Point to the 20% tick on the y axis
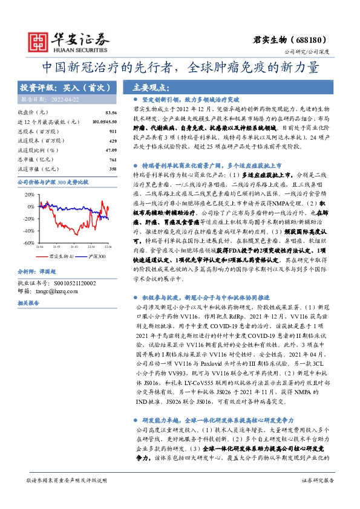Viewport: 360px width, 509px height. coord(30,195)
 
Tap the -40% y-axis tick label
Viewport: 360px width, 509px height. coord(29,230)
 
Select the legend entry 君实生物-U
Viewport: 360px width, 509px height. coord(61,256)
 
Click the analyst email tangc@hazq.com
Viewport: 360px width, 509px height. coord(56,291)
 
